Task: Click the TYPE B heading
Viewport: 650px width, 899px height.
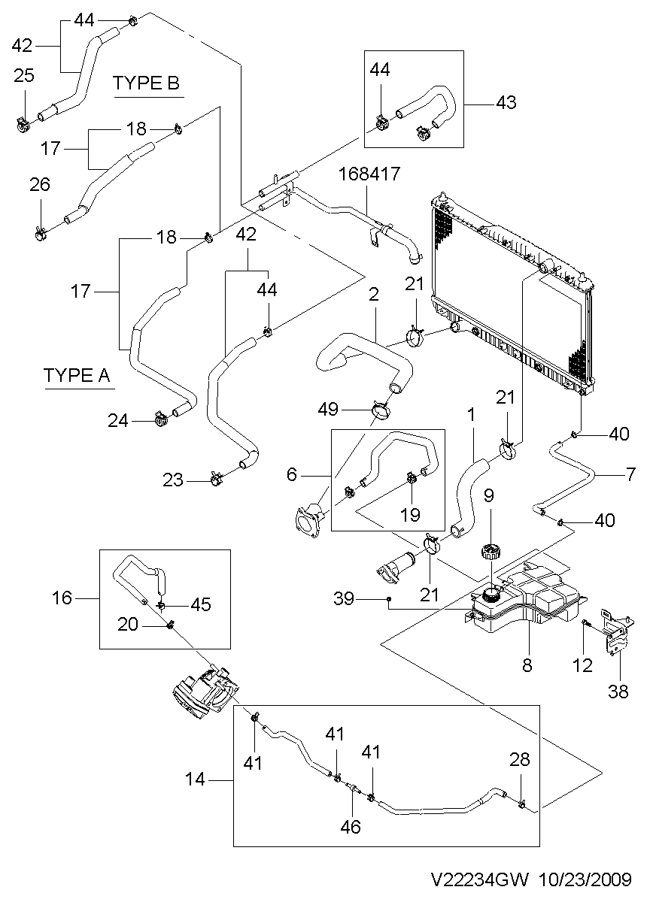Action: tap(147, 83)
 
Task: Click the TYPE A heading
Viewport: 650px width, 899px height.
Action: tap(77, 375)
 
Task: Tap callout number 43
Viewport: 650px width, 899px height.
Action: tap(506, 102)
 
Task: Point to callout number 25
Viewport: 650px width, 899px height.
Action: tap(24, 75)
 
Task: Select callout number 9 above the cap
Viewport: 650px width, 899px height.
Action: tap(488, 495)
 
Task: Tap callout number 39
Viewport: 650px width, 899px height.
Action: tap(345, 598)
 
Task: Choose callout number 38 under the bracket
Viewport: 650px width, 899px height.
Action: tap(618, 692)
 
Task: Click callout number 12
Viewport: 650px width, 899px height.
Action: tap(583, 664)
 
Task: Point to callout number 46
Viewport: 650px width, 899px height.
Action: tap(351, 827)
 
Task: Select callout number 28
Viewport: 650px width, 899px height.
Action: tap(521, 760)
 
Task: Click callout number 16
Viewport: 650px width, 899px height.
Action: tap(62, 598)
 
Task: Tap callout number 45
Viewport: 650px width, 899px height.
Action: tap(201, 604)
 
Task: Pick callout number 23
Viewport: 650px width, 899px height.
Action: tap(174, 479)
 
